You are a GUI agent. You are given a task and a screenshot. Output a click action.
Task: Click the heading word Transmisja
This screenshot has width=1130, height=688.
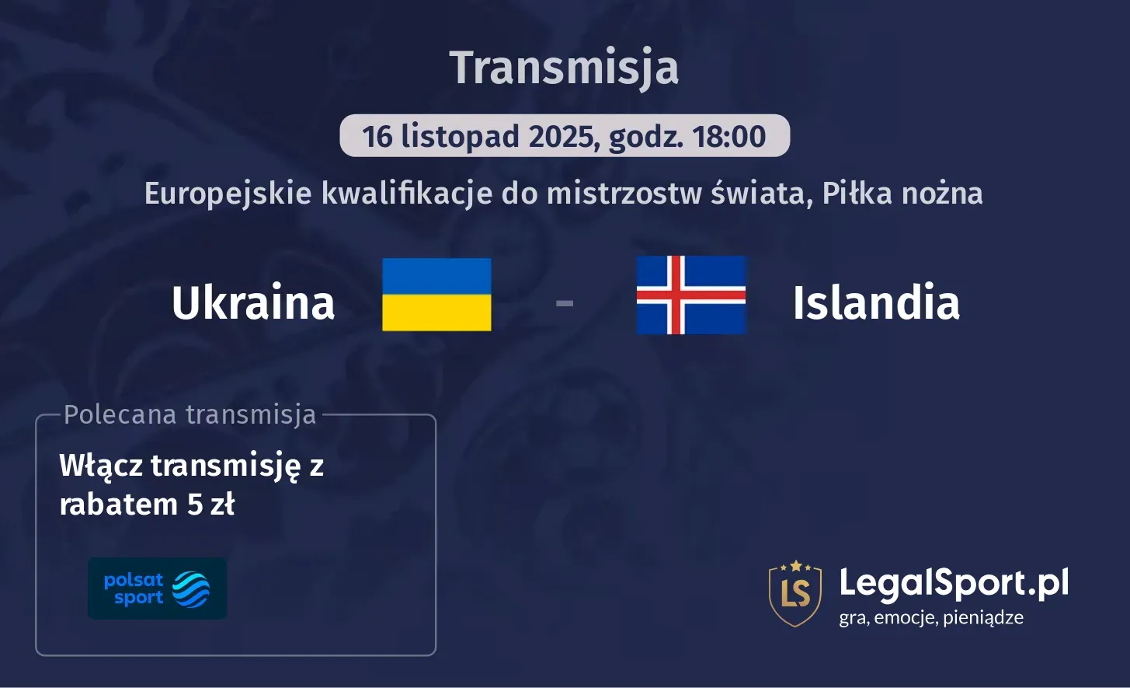tap(564, 68)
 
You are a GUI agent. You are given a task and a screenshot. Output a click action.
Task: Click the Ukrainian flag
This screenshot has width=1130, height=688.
tap(436, 295)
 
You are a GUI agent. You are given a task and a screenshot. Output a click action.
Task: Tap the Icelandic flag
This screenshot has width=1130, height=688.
tap(690, 295)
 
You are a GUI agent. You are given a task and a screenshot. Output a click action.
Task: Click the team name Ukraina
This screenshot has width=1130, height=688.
tap(253, 302)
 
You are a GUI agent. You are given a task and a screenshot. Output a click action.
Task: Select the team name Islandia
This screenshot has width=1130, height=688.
tap(876, 302)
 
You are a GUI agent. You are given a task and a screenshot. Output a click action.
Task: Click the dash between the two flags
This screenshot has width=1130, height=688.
tap(565, 302)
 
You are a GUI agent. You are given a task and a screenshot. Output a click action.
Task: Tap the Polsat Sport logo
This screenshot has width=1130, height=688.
tap(157, 588)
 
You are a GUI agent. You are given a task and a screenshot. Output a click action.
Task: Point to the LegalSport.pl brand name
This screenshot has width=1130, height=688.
tap(954, 583)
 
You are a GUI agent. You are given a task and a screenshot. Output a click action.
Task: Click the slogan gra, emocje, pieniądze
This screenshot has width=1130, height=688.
tap(931, 618)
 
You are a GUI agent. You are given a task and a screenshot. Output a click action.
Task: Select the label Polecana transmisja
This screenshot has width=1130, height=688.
tap(190, 414)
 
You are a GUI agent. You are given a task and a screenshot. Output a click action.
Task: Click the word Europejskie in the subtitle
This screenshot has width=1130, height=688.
tap(228, 194)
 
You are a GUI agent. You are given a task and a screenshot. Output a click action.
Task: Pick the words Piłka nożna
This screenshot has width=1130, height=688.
tap(902, 194)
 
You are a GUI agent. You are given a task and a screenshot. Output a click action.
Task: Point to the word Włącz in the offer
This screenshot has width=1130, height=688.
tap(101, 466)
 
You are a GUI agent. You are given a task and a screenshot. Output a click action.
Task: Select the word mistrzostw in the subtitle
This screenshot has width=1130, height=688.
tap(624, 194)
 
